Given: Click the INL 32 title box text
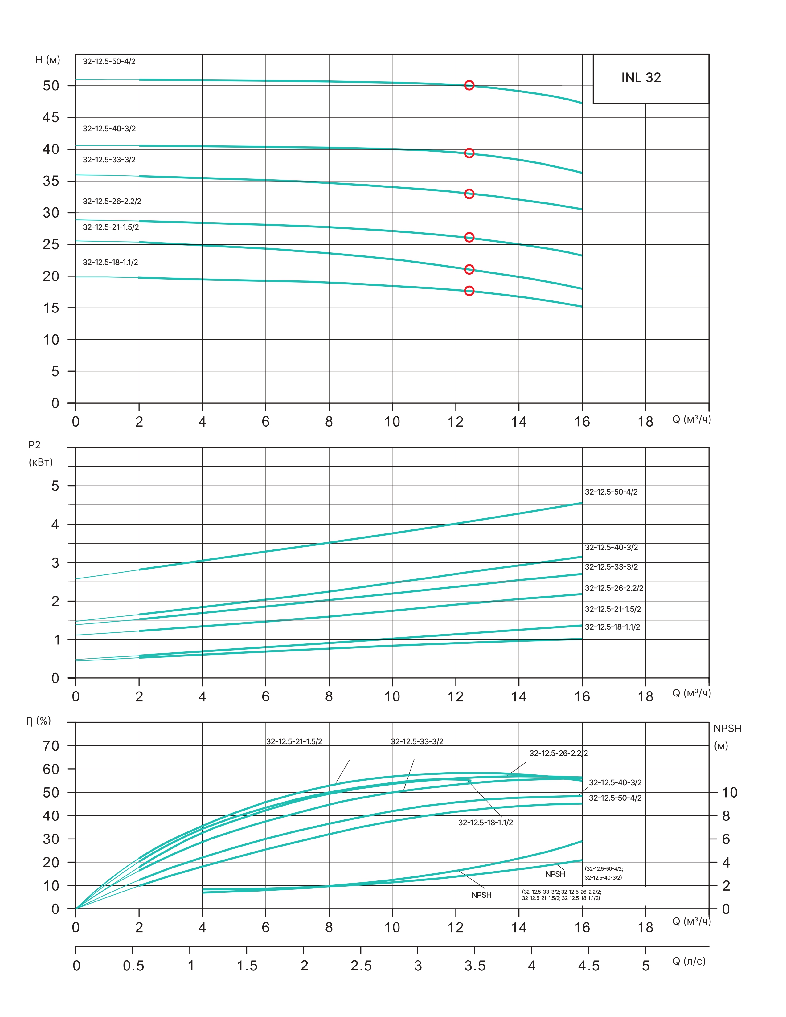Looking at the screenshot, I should tap(641, 77).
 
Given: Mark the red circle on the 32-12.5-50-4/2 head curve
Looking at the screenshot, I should tap(469, 85).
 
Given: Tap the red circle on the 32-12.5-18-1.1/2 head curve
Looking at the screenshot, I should tap(469, 291).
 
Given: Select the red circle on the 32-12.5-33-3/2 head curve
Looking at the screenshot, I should tap(469, 194).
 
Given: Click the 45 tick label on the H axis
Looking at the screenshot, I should tap(51, 117).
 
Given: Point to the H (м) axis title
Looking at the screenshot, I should tap(47, 60).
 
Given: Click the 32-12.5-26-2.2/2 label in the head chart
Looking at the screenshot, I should tap(112, 201).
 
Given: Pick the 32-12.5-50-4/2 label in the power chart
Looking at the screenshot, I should tap(611, 492).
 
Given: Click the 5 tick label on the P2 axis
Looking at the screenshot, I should tap(55, 486).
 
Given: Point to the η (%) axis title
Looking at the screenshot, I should tap(39, 721).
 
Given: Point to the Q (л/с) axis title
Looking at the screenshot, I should tap(689, 961).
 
